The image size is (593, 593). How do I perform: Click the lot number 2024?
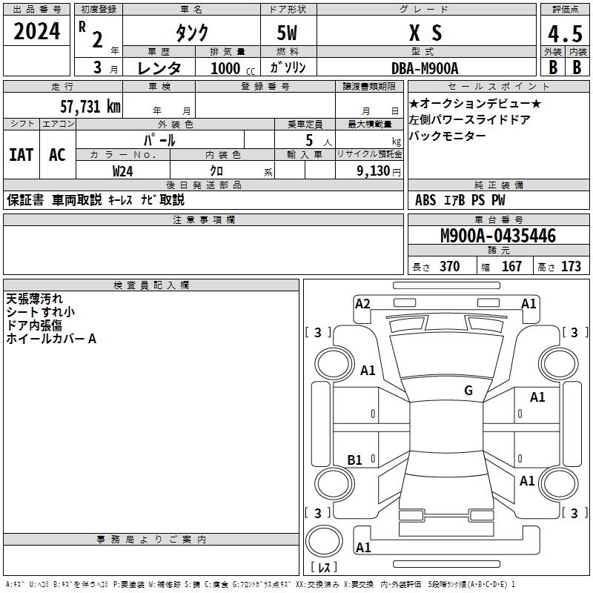click(37, 31)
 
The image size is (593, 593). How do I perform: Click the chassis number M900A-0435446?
click(498, 236)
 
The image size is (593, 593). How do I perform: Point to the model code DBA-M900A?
click(425, 68)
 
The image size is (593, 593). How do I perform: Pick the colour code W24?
click(124, 170)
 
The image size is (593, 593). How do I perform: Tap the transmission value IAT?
click(21, 155)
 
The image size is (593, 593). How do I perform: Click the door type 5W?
click(288, 34)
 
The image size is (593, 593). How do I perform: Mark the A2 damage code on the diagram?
click(362, 303)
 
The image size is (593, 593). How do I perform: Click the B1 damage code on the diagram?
click(355, 460)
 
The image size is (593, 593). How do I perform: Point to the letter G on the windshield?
click(468, 391)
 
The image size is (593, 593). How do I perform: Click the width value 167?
click(511, 267)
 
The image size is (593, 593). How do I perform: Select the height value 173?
click(571, 267)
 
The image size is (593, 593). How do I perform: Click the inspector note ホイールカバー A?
click(51, 339)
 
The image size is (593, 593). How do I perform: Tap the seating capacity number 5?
click(308, 140)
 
